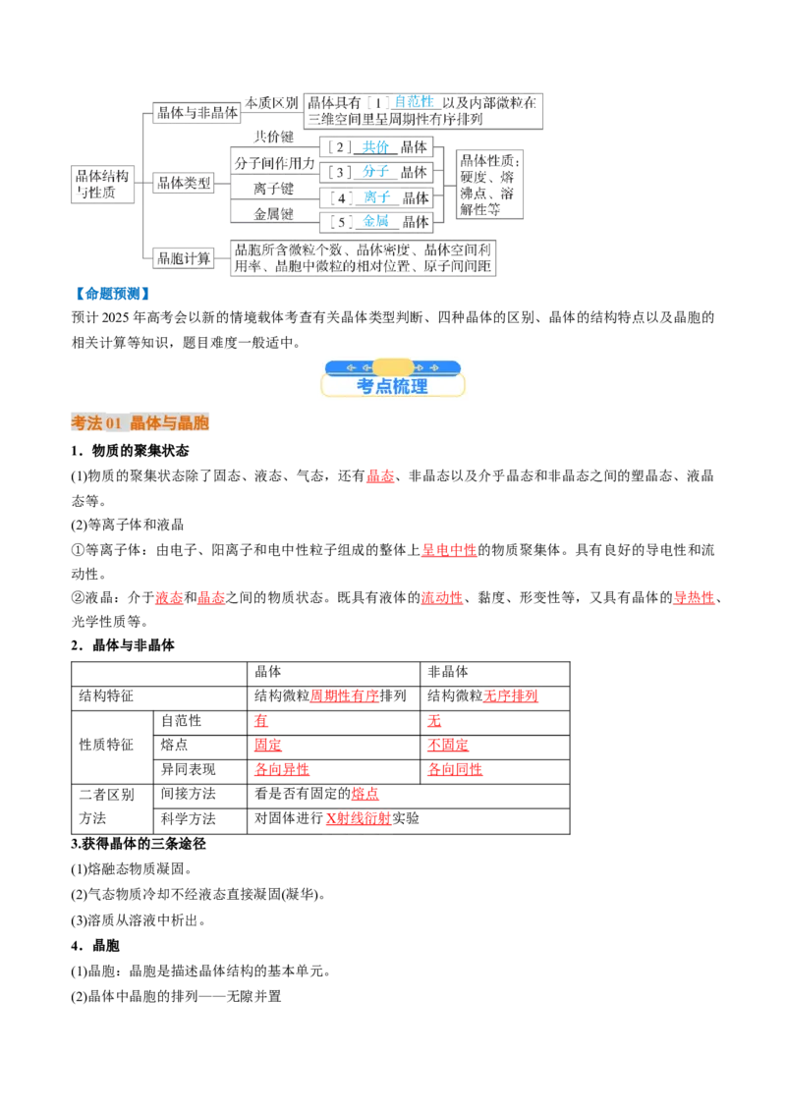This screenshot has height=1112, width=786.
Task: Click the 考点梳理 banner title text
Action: point(392,386)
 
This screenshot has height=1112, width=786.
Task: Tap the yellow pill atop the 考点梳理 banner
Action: point(393,366)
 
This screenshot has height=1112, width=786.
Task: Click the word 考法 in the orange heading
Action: point(85,422)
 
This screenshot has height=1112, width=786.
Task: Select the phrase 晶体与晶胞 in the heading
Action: point(169,422)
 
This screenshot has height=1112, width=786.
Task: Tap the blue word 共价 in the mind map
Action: point(375,147)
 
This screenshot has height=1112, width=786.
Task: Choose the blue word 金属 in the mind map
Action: point(375,221)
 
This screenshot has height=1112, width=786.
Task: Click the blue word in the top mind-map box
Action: point(414,100)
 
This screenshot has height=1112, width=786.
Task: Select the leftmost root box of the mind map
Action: point(102,184)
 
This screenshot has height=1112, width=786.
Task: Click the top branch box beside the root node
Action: point(196,111)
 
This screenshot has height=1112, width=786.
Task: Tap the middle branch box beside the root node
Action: point(186,182)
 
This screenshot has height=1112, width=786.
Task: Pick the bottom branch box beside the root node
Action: point(186,259)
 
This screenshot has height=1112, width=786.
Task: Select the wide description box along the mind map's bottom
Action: point(365,258)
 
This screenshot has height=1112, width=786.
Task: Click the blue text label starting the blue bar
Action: point(111,292)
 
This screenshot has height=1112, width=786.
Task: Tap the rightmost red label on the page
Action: point(694,597)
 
